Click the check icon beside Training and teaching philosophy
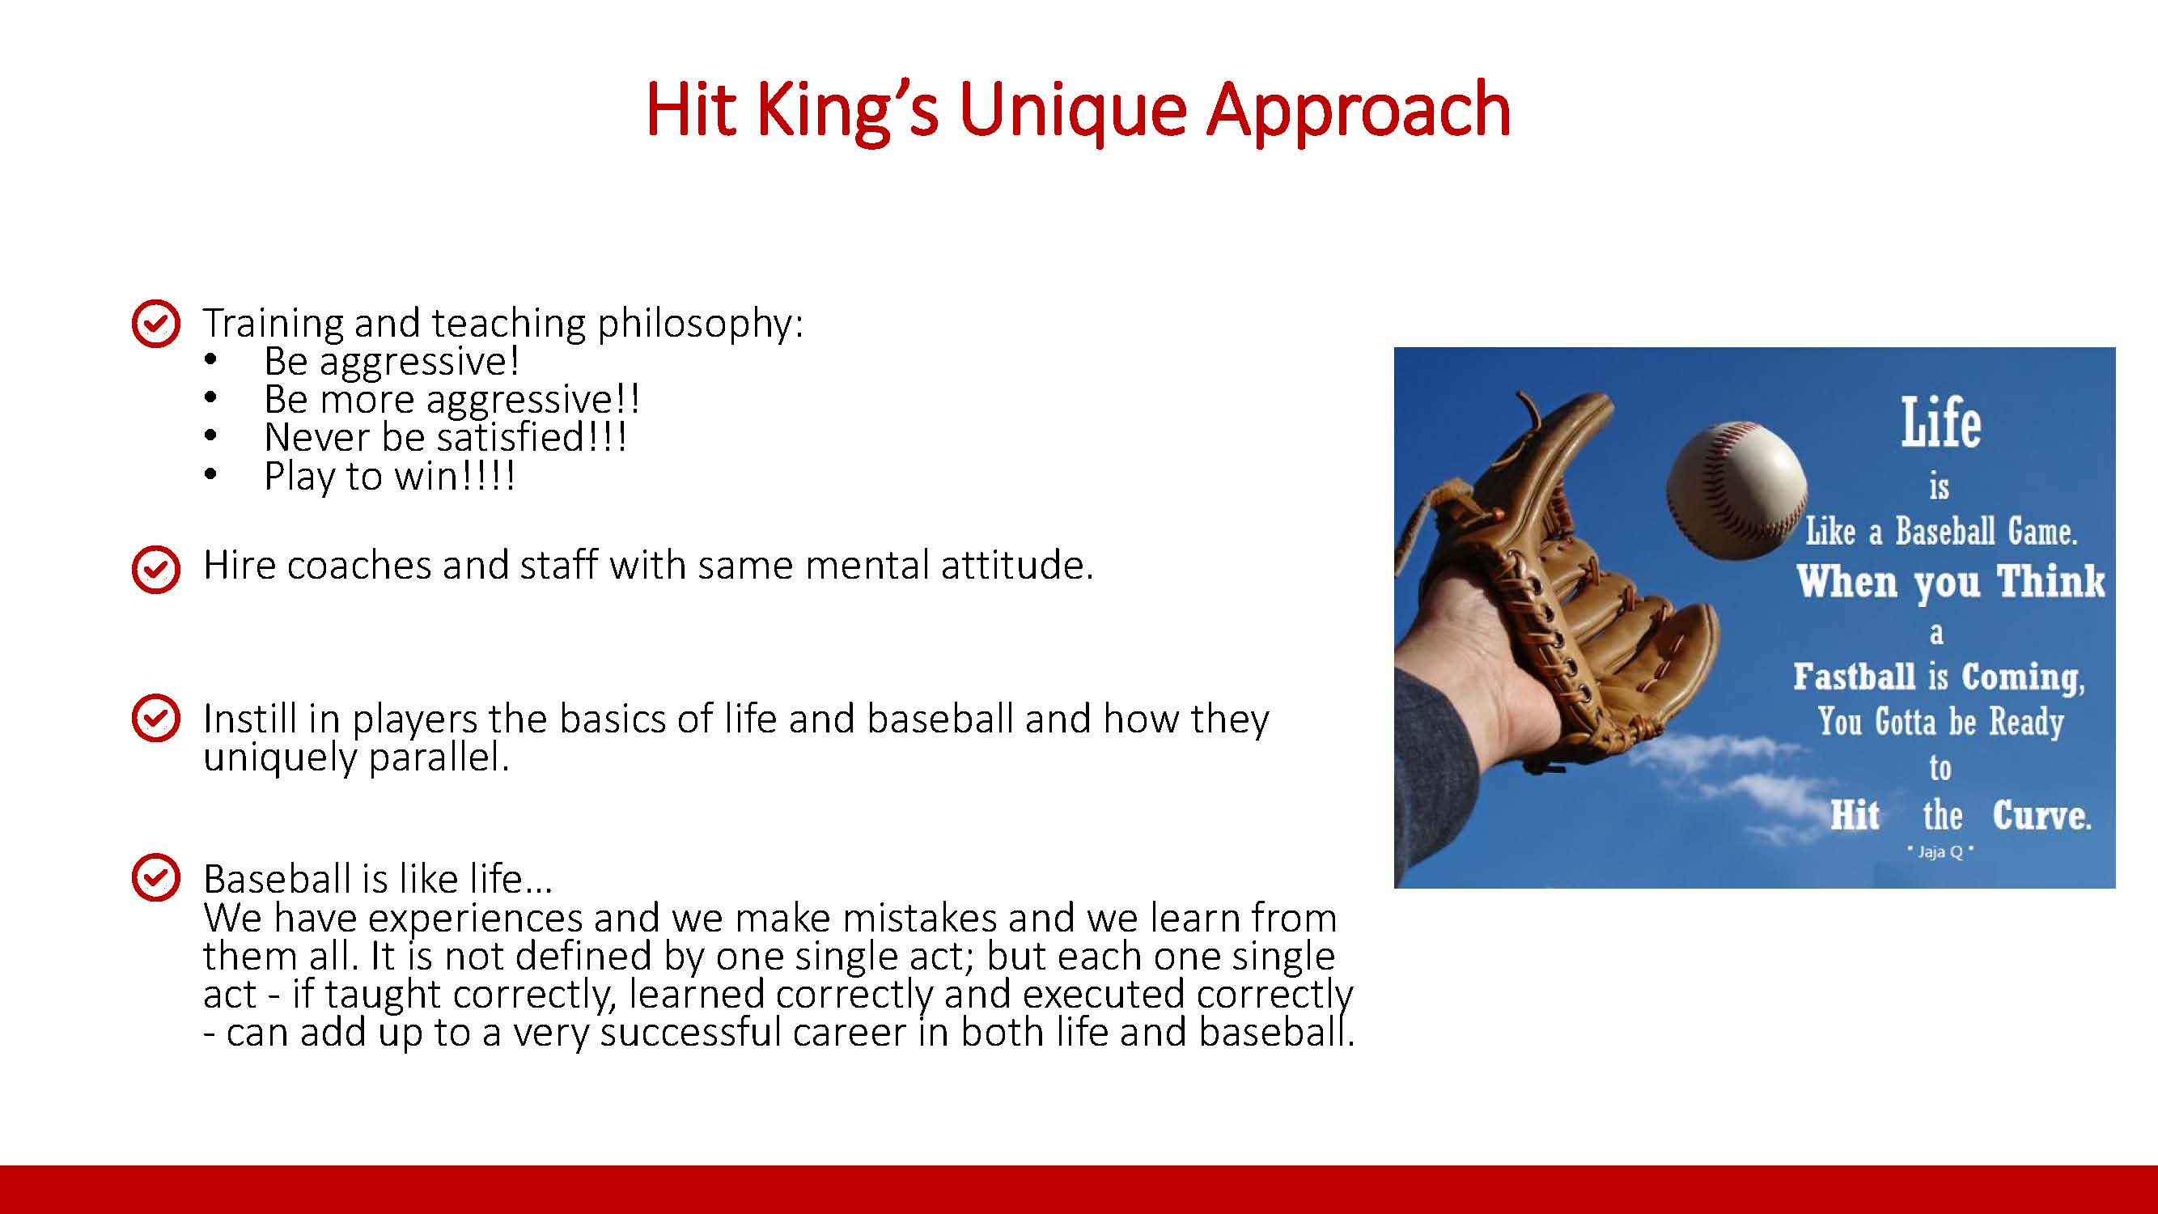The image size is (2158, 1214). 156,323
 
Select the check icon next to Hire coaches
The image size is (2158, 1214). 156,569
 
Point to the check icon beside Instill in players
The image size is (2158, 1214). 156,718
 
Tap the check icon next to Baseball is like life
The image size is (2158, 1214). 156,877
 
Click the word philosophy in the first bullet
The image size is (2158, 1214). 699,325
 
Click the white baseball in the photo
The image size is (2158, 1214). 1736,490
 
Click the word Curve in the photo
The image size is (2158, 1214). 2041,814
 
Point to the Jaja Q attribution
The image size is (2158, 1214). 1940,852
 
